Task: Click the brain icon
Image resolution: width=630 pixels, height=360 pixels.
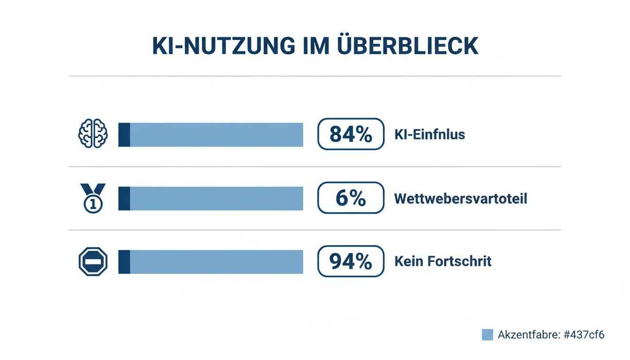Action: pyautogui.click(x=93, y=135)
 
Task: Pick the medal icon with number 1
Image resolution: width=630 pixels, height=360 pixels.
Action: pyautogui.click(x=93, y=198)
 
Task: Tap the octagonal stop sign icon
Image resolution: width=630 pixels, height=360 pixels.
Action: pyautogui.click(x=93, y=262)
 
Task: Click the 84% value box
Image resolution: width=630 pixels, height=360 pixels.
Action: pyautogui.click(x=351, y=134)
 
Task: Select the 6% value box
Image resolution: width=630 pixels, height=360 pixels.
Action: pyautogui.click(x=351, y=198)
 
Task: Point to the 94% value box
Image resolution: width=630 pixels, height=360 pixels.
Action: pyautogui.click(x=351, y=262)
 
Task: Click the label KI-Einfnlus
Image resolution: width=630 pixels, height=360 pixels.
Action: pyautogui.click(x=430, y=135)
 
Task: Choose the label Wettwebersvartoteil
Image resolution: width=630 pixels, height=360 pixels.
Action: pyautogui.click(x=460, y=198)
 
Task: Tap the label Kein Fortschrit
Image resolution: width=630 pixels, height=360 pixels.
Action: pyautogui.click(x=443, y=261)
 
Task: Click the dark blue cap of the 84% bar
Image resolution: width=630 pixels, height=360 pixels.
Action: pyautogui.click(x=124, y=135)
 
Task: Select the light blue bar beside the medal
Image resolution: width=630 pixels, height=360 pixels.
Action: pyautogui.click(x=216, y=198)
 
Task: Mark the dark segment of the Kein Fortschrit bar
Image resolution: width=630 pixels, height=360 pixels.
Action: pyautogui.click(x=124, y=262)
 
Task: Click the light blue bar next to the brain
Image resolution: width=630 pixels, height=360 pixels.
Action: pyautogui.click(x=216, y=135)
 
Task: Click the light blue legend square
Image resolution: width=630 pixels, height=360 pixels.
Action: pyautogui.click(x=487, y=335)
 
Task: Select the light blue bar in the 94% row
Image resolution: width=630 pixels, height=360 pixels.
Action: pyautogui.click(x=216, y=262)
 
